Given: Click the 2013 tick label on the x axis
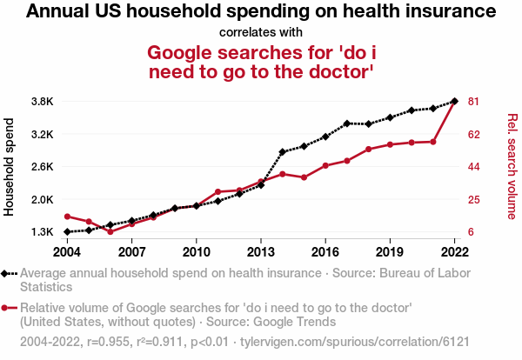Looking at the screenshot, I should pos(260,252).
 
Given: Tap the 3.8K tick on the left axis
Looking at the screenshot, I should pos(42,102).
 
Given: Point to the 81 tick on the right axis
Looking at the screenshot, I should pos(474,102).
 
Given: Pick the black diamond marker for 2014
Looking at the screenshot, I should pos(282,152).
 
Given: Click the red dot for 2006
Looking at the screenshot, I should pos(110,232).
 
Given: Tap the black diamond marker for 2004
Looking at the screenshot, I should pos(67,232).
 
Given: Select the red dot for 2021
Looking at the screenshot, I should pos(433,141).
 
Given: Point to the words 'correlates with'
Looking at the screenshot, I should pos(261,32).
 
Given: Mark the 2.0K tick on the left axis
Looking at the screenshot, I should pos(42,199).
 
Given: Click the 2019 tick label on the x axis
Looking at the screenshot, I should pos(389,252).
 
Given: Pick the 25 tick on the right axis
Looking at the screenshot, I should pos(474,199).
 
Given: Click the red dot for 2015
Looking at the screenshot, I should pos(304,177).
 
